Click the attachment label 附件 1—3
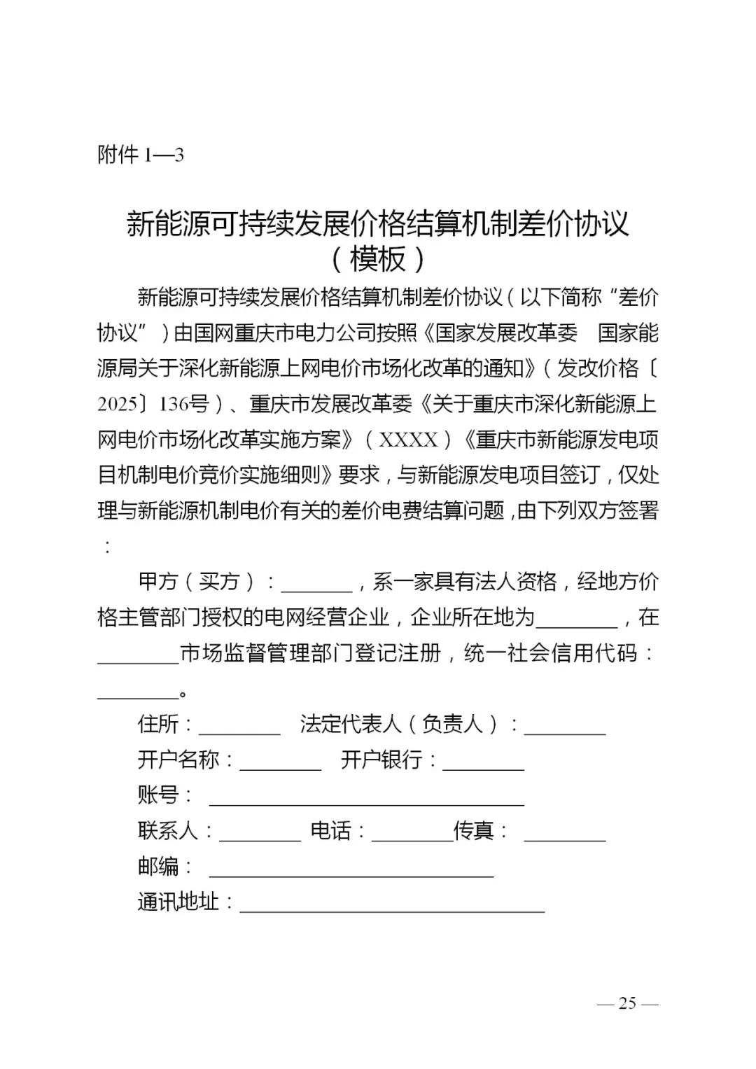140,155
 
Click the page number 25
627,1003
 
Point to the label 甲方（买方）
199,582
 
